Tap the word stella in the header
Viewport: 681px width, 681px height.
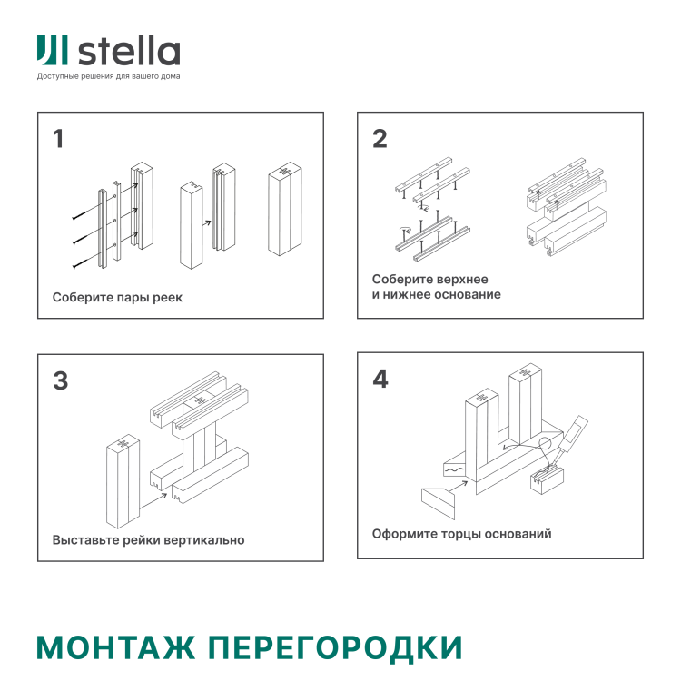(x=129, y=52)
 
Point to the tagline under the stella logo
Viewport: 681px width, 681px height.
(x=108, y=76)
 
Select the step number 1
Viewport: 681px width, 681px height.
(x=59, y=139)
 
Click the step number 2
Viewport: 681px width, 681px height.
(x=380, y=139)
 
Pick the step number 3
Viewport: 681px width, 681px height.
(x=60, y=380)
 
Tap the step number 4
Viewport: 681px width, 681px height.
(x=380, y=380)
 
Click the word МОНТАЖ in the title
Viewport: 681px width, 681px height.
(x=116, y=646)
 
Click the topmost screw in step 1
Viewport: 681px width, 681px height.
(x=81, y=218)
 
